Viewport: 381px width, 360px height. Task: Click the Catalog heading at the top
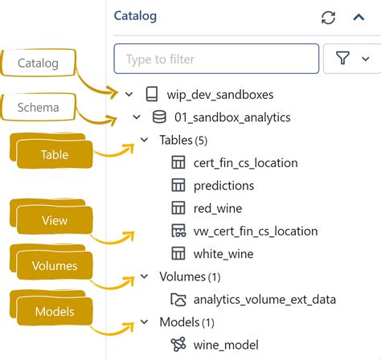pos(135,15)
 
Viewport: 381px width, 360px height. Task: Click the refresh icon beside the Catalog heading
pos(328,17)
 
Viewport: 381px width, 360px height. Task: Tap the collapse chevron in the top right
pos(359,17)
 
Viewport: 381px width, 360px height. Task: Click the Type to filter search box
pos(216,59)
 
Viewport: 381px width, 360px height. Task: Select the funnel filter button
pos(351,59)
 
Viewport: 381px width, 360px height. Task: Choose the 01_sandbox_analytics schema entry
pos(232,117)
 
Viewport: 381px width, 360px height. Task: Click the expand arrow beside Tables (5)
pos(144,140)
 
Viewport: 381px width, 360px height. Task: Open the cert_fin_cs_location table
pos(245,162)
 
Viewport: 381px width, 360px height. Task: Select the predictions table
pos(223,185)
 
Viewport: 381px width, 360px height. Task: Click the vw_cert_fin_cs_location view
pos(255,231)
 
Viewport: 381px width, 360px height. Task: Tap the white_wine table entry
pos(223,253)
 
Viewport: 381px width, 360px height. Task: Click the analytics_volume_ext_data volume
pos(264,300)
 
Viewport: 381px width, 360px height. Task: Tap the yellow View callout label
pos(54,220)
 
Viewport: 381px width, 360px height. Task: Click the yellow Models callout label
pos(54,310)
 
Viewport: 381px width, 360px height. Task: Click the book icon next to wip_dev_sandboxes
pos(152,95)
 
